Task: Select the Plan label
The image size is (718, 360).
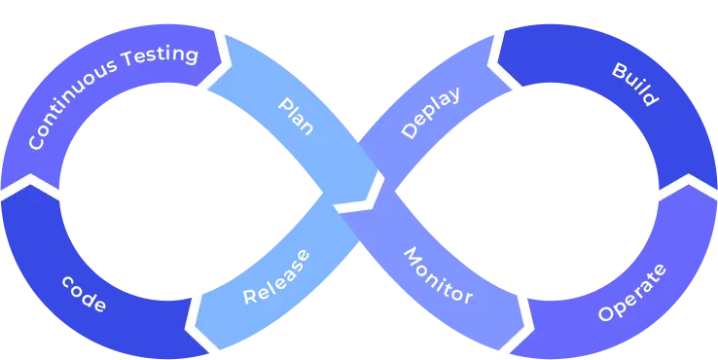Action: [x=296, y=116]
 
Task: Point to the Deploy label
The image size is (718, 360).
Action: [x=429, y=113]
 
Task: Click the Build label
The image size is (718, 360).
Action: [x=634, y=85]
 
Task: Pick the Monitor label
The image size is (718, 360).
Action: [x=438, y=275]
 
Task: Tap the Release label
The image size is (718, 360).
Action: [x=276, y=276]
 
